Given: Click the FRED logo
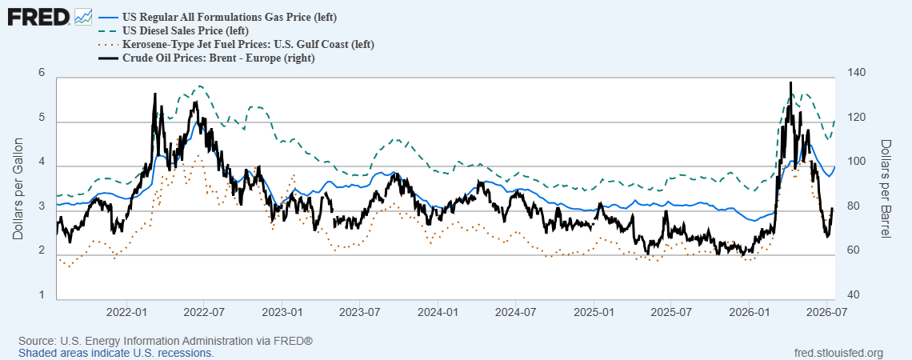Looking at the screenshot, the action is click(x=49, y=17).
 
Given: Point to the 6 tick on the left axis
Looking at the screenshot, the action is click(x=42, y=72).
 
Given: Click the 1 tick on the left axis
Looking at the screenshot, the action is click(x=42, y=295).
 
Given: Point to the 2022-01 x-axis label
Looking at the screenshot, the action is click(x=126, y=311).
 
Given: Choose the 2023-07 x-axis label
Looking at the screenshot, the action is click(x=360, y=311).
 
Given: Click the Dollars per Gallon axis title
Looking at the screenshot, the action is click(x=18, y=189).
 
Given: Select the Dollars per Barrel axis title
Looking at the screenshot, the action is click(x=886, y=189).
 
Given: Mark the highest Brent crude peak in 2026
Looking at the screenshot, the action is click(x=790, y=82).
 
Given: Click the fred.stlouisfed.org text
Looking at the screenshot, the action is click(x=838, y=353).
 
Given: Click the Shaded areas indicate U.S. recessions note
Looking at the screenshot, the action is click(x=116, y=353).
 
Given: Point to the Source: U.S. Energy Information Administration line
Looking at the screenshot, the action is click(x=166, y=341).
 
